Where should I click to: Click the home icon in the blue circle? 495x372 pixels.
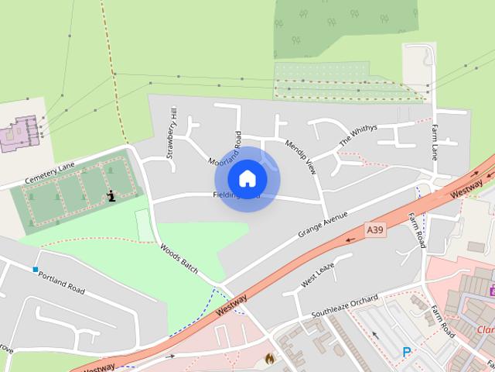coord(247,179)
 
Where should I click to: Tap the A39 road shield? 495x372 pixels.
coord(375,229)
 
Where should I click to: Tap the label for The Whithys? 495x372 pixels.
coord(357,136)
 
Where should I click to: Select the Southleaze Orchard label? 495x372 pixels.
coord(345,305)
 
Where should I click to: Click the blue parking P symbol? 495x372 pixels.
coord(407,353)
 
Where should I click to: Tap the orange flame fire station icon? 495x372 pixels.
coord(269,359)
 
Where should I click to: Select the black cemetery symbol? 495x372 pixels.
coord(113,195)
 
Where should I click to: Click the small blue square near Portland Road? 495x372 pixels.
coord(36,270)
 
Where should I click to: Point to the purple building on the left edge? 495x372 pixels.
coord(21,133)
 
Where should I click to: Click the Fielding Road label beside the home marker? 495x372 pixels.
coord(232,196)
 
